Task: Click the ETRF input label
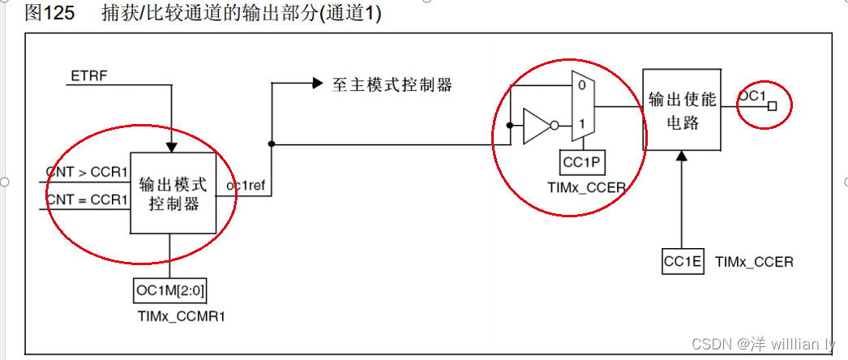click(89, 77)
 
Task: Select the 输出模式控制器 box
click(173, 193)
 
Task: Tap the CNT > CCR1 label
click(86, 172)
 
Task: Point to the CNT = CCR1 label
click(86, 199)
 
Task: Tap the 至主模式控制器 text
click(392, 84)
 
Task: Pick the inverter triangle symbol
click(536, 126)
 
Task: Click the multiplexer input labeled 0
click(581, 84)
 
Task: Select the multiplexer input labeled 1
click(581, 124)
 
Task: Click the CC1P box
click(582, 163)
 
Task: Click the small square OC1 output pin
click(773, 106)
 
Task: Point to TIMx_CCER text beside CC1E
click(754, 261)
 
